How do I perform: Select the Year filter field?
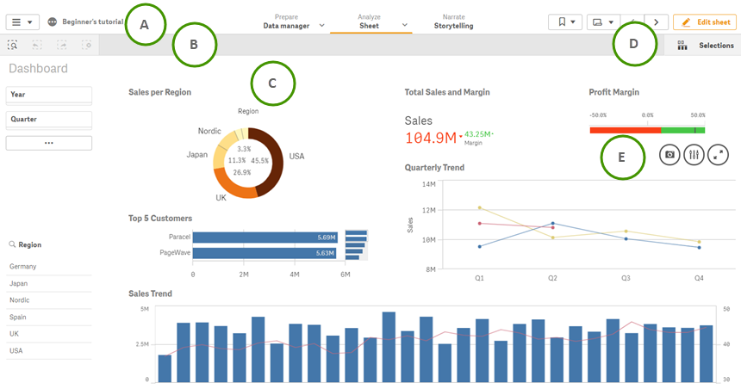point(49,95)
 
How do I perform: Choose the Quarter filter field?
point(49,119)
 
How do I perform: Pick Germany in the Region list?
point(23,267)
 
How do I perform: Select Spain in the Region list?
point(18,317)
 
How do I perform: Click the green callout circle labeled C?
point(273,83)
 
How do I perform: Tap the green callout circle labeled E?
point(623,157)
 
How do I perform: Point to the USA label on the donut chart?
point(296,157)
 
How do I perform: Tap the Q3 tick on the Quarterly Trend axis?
point(626,279)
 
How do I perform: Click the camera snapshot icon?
point(669,155)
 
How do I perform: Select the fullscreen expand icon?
point(718,155)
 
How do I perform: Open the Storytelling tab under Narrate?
point(452,26)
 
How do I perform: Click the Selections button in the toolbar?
point(706,46)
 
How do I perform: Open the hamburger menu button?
point(22,22)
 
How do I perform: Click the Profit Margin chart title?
point(613,91)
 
